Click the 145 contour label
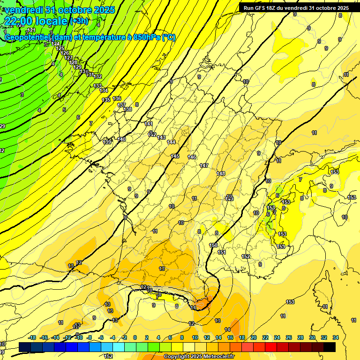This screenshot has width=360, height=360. coord(175,156)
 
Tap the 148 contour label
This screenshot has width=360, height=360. coord(221,173)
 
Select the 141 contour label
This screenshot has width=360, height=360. coord(149,124)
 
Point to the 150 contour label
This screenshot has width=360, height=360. coord(213,245)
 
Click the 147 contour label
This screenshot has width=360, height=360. coord(204,165)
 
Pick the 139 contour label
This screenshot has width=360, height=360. coord(107,142)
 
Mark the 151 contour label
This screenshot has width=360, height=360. coord(222,252)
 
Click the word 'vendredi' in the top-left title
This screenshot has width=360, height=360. coord(24,9)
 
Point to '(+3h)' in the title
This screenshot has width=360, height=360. coord(78,21)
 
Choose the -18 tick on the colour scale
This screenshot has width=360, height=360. coord(32,337)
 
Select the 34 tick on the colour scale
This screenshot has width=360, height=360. coord(336,337)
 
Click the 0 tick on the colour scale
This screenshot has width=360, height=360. coord(135,337)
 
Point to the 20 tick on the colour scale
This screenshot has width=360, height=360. coord(253,337)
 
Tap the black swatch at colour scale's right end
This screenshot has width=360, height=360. coord(330,347)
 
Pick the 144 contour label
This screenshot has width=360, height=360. coord(171,142)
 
